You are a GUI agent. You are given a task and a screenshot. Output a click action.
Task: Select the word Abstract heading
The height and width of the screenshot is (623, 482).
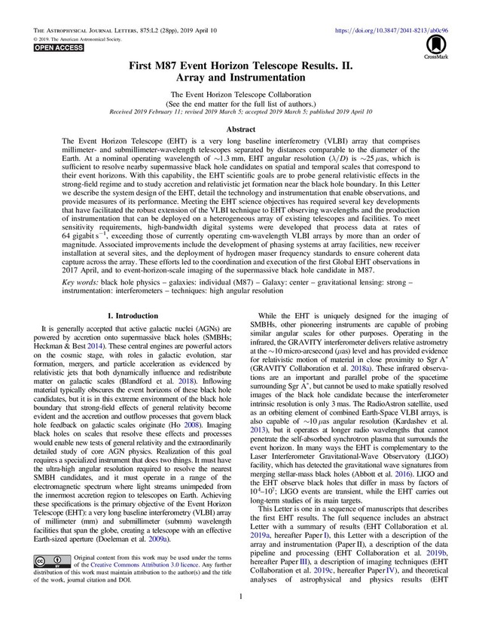pyautogui.click(x=240, y=129)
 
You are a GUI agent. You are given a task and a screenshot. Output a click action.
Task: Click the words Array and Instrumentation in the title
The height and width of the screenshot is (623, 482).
pyautogui.click(x=240, y=77)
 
